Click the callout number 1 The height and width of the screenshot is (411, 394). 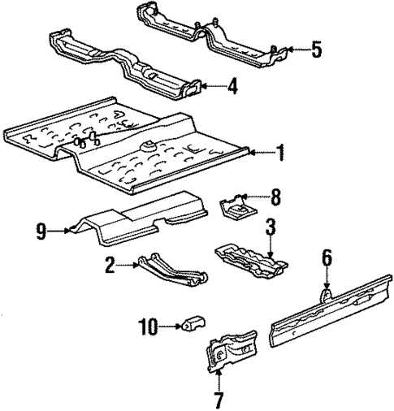280,151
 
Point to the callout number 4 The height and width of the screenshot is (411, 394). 232,86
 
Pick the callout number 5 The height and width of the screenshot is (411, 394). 317,50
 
